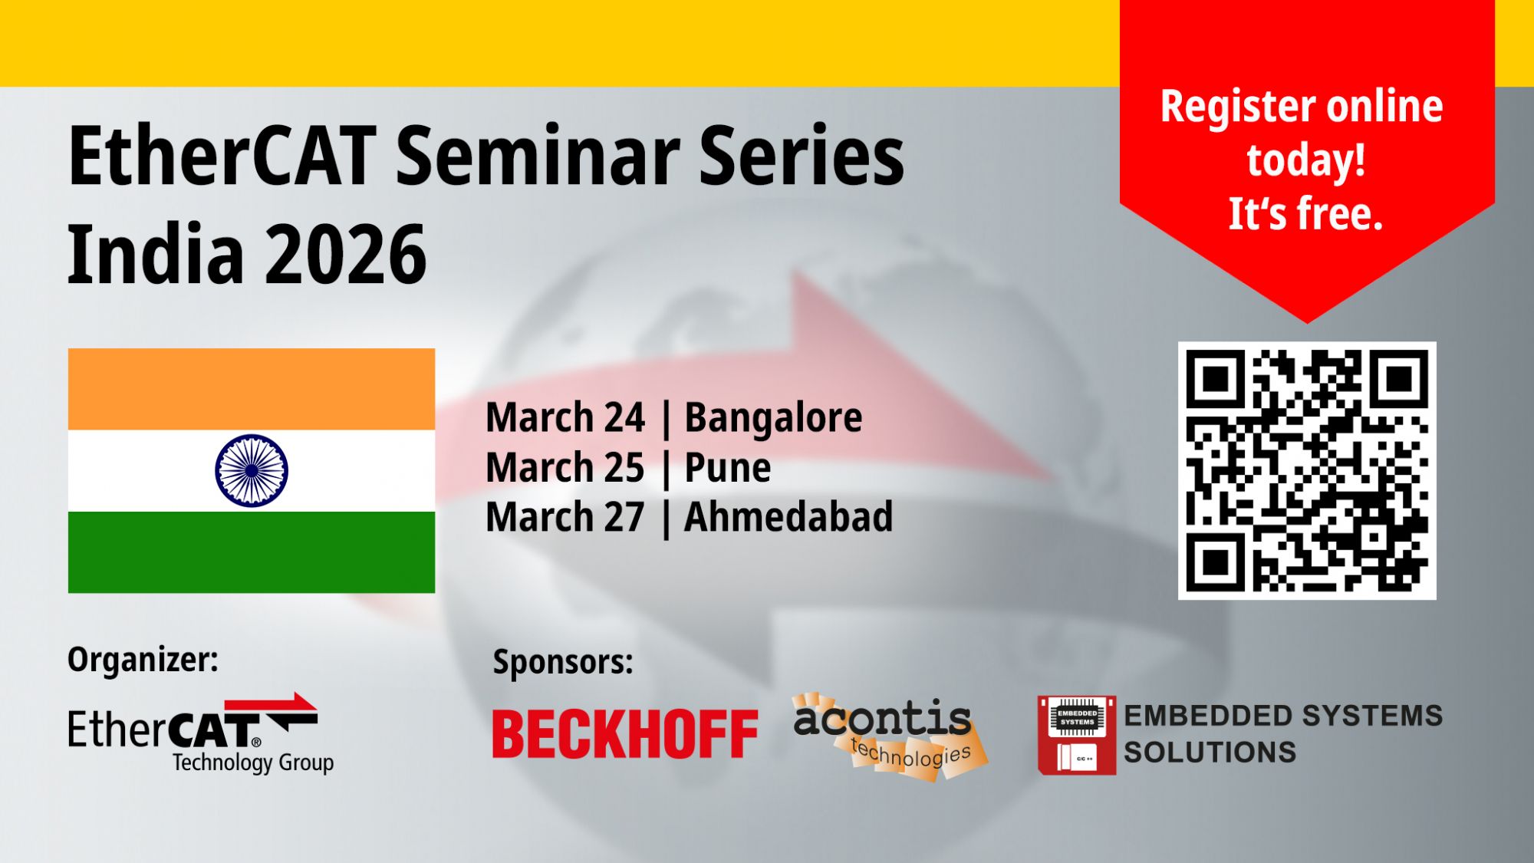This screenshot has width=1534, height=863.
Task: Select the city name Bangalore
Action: (x=773, y=419)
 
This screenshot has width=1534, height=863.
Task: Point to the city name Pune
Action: (x=727, y=468)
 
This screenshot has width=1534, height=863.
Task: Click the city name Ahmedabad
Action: (x=788, y=516)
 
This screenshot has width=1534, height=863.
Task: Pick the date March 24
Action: (x=565, y=418)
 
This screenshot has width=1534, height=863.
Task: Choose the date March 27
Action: (x=565, y=516)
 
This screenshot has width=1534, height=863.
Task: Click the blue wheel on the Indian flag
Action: (x=252, y=471)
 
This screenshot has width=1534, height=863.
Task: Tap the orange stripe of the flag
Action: (x=252, y=389)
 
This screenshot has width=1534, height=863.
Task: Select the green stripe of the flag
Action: (x=252, y=552)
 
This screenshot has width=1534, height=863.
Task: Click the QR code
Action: (x=1307, y=470)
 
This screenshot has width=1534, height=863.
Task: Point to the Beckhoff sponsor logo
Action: (x=625, y=734)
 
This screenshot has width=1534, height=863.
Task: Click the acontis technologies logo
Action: (x=890, y=736)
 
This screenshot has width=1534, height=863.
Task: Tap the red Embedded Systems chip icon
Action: (x=1077, y=735)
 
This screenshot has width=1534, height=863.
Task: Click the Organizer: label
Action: (x=143, y=660)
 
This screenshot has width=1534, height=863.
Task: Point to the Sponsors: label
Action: (x=563, y=662)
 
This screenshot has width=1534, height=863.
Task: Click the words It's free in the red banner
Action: (x=1305, y=213)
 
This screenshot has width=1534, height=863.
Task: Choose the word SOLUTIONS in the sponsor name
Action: (x=1210, y=753)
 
